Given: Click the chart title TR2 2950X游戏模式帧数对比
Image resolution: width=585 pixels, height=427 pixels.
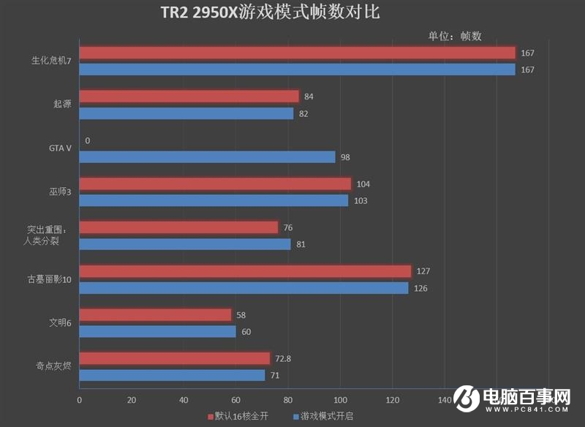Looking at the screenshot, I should point(270,12).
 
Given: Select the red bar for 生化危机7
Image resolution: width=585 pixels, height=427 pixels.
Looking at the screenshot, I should point(297,53).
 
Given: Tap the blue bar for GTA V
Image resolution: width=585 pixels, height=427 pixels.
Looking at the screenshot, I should point(207,157).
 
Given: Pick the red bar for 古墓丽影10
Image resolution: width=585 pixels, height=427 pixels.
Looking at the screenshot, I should point(245,271).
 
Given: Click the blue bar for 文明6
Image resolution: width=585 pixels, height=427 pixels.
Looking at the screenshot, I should point(157,332).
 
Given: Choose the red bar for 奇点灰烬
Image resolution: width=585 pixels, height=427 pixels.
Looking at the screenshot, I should point(175,358).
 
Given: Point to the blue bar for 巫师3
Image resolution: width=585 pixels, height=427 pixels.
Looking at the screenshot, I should point(214,200).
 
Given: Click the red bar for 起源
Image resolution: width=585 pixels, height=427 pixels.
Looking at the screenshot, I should point(189,97).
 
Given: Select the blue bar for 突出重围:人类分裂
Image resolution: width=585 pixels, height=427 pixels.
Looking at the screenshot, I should point(185,244).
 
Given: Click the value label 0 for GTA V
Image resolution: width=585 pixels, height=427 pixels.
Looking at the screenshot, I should point(88,140).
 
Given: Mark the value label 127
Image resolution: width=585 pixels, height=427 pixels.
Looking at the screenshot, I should point(423,271).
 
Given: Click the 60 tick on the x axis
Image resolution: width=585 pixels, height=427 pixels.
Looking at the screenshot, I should point(235,400).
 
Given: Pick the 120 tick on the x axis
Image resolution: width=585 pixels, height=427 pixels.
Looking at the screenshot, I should point(393,400).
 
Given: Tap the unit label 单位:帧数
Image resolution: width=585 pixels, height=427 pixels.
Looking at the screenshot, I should point(455,36).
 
